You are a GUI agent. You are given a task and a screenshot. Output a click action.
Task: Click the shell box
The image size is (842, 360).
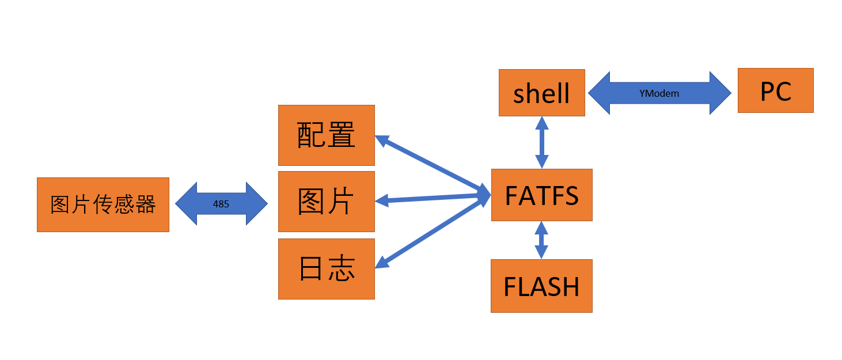541,93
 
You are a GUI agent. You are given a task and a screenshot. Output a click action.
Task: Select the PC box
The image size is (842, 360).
775,90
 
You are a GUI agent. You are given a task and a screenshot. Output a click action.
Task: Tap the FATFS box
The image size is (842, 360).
541,195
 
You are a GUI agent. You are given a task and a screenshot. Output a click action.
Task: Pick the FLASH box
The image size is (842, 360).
541,286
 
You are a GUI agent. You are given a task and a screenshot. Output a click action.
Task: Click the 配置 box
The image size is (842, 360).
326,135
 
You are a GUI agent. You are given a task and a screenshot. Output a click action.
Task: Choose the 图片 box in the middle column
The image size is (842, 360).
326,201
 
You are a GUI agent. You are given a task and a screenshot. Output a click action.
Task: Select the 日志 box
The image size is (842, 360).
326,268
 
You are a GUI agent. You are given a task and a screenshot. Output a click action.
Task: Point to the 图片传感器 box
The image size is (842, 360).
103,204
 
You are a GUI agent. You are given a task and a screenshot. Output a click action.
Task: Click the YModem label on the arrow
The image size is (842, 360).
659,93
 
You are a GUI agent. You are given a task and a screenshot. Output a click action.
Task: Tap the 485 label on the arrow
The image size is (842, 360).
221,204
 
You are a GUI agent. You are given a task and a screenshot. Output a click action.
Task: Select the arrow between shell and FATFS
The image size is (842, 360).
541,142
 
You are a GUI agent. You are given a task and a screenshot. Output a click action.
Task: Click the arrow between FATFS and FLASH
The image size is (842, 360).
541,240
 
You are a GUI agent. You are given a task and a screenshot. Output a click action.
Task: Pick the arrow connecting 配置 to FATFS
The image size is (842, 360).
432,164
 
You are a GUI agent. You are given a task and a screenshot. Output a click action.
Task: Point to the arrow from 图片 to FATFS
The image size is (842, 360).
432,198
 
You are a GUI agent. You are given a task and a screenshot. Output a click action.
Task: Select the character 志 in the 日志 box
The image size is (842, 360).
342,268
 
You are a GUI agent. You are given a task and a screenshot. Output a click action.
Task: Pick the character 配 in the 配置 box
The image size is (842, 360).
310,135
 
